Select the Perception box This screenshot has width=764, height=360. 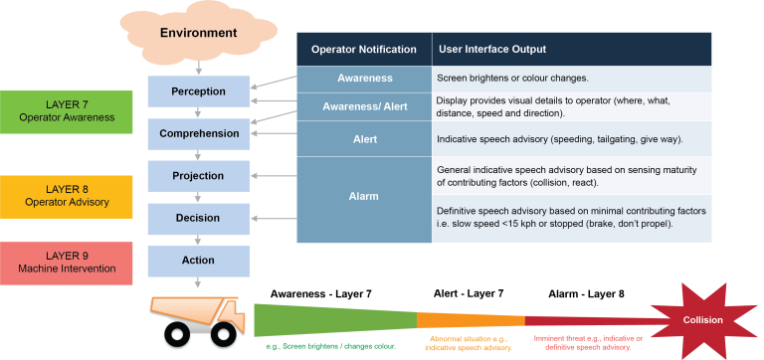(199, 90)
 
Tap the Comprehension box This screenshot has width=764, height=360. (199, 133)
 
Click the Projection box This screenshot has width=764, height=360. (199, 176)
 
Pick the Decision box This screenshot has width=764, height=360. (199, 218)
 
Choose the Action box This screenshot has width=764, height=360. (199, 261)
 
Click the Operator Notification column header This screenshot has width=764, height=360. (364, 49)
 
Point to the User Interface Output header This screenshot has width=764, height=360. (488, 49)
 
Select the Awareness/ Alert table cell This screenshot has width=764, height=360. (364, 106)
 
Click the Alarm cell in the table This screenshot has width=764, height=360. (364, 197)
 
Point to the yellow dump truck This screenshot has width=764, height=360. (200, 317)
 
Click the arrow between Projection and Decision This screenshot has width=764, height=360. (199, 197)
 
